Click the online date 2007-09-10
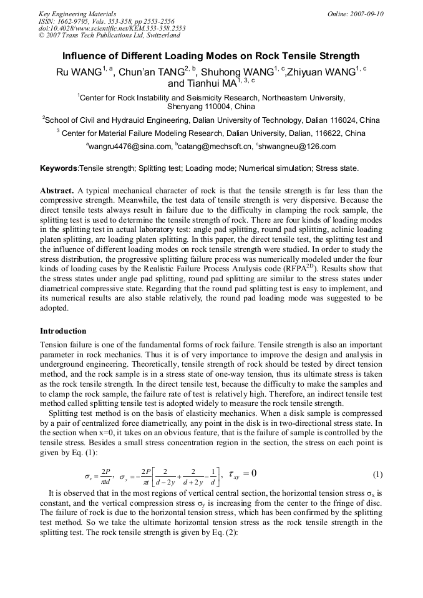pos(355,14)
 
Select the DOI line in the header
pos(112,29)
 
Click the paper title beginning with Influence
pos(211,56)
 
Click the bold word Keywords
pos(59,168)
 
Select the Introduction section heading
pos(63,330)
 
